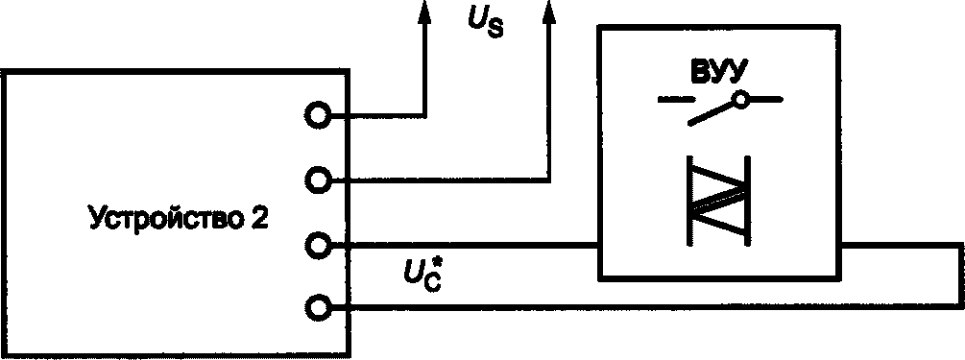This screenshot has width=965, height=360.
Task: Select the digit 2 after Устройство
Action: click(258, 218)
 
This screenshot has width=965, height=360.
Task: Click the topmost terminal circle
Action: click(318, 114)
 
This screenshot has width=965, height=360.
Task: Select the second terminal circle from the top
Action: click(318, 180)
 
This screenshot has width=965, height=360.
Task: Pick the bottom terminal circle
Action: click(318, 307)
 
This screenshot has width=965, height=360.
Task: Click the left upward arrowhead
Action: click(422, 12)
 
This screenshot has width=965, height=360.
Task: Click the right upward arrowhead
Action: click(547, 12)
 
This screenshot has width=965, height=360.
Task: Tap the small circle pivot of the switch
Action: click(743, 100)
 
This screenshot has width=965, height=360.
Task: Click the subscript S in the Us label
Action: click(495, 30)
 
